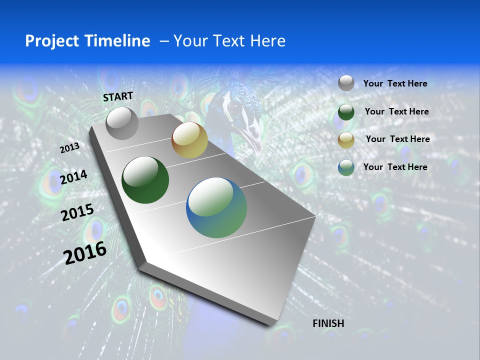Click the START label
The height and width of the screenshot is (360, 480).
[118, 96]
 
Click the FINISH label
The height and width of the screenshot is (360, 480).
[328, 323]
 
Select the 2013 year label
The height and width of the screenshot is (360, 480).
[69, 148]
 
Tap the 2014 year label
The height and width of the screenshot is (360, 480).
[74, 177]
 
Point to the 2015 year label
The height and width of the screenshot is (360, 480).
[77, 212]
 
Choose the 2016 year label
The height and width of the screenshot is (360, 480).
[85, 253]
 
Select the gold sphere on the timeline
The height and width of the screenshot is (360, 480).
[189, 140]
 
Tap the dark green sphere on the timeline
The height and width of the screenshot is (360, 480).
[145, 180]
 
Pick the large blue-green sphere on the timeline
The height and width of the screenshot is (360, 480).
[216, 207]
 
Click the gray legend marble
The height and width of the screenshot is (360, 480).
[346, 83]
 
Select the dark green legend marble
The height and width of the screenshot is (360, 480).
[346, 112]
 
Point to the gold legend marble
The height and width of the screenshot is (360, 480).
[346, 140]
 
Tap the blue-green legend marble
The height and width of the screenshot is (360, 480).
[346, 167]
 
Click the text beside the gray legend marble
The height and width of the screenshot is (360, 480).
[395, 84]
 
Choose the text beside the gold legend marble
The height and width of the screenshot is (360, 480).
[397, 139]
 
